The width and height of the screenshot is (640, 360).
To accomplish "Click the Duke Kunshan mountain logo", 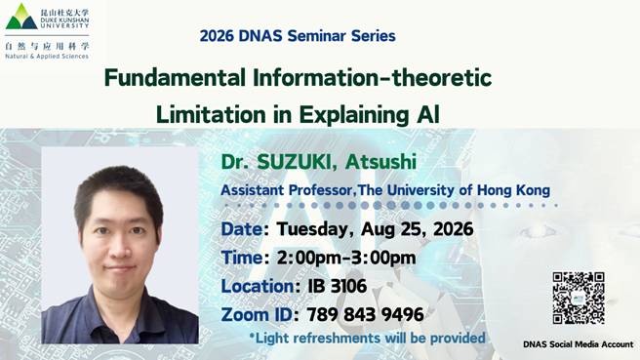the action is [21, 17].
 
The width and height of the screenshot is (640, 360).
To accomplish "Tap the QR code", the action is [579, 298].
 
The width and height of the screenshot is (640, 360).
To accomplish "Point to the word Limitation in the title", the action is [211, 114].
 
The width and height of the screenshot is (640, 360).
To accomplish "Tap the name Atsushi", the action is [380, 162].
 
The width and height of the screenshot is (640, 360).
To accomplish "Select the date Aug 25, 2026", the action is [418, 229].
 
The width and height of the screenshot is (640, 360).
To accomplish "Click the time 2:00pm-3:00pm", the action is [346, 258].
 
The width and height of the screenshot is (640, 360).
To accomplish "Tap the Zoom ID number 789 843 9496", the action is [365, 315].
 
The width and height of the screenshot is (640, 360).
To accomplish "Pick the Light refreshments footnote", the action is [368, 338].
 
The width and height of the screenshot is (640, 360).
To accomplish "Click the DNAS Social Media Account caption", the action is [579, 344].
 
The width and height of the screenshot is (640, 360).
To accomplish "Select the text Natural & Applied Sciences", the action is [47, 57].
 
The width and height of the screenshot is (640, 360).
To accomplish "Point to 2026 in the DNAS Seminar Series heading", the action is [217, 36].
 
